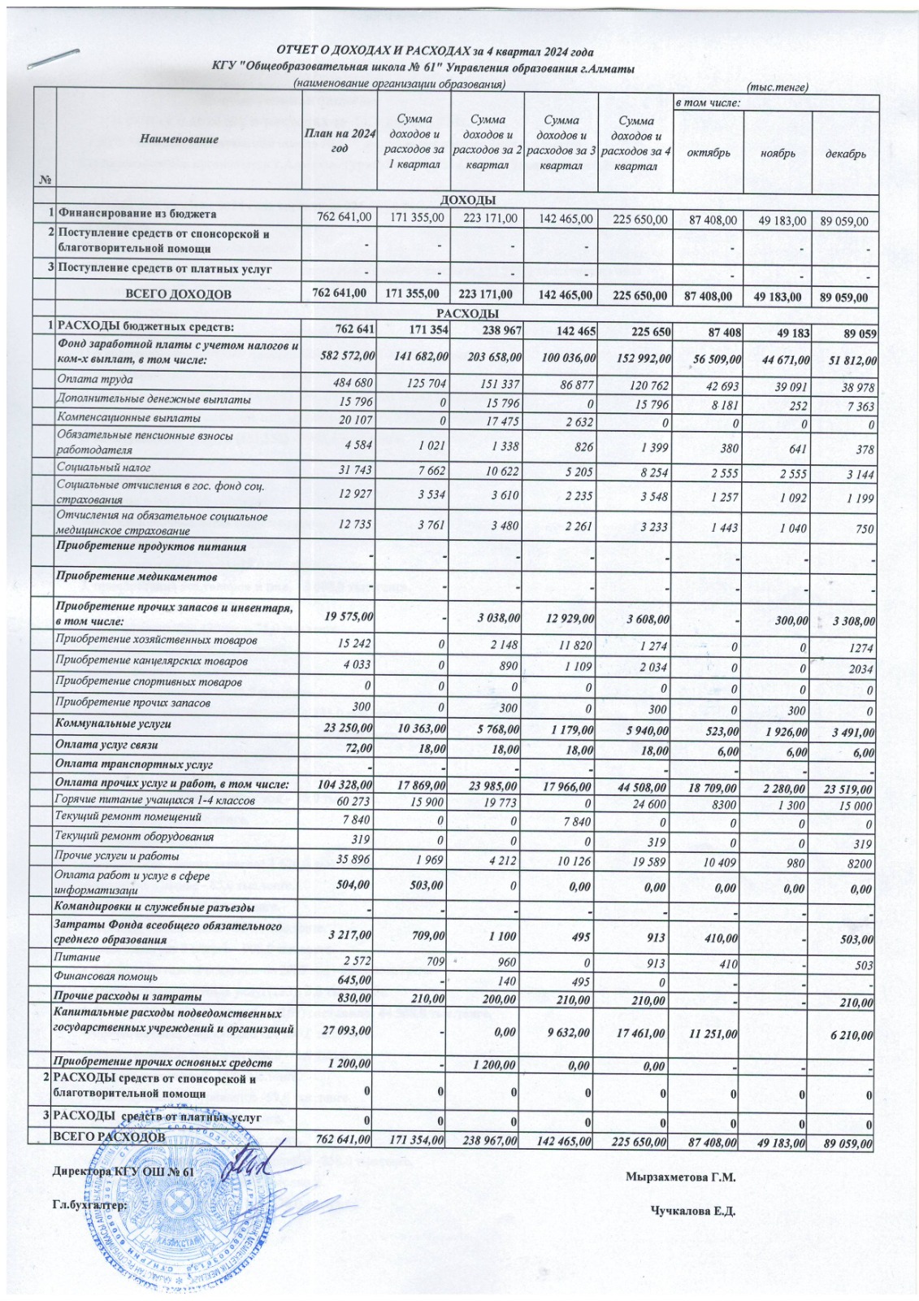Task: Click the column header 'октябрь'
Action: (709, 153)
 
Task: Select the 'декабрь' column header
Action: (847, 154)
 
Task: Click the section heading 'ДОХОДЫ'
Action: (467, 200)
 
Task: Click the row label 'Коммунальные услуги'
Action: (113, 723)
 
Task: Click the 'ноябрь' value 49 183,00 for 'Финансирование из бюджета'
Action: (779, 220)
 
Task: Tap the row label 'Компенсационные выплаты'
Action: (128, 418)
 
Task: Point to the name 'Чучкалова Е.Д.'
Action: (692, 1211)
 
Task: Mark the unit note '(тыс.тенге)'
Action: (776, 87)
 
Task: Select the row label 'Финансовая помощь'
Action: (106, 977)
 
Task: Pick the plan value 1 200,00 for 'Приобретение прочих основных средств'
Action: (349, 1064)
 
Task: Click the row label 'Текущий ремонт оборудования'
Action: (134, 836)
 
